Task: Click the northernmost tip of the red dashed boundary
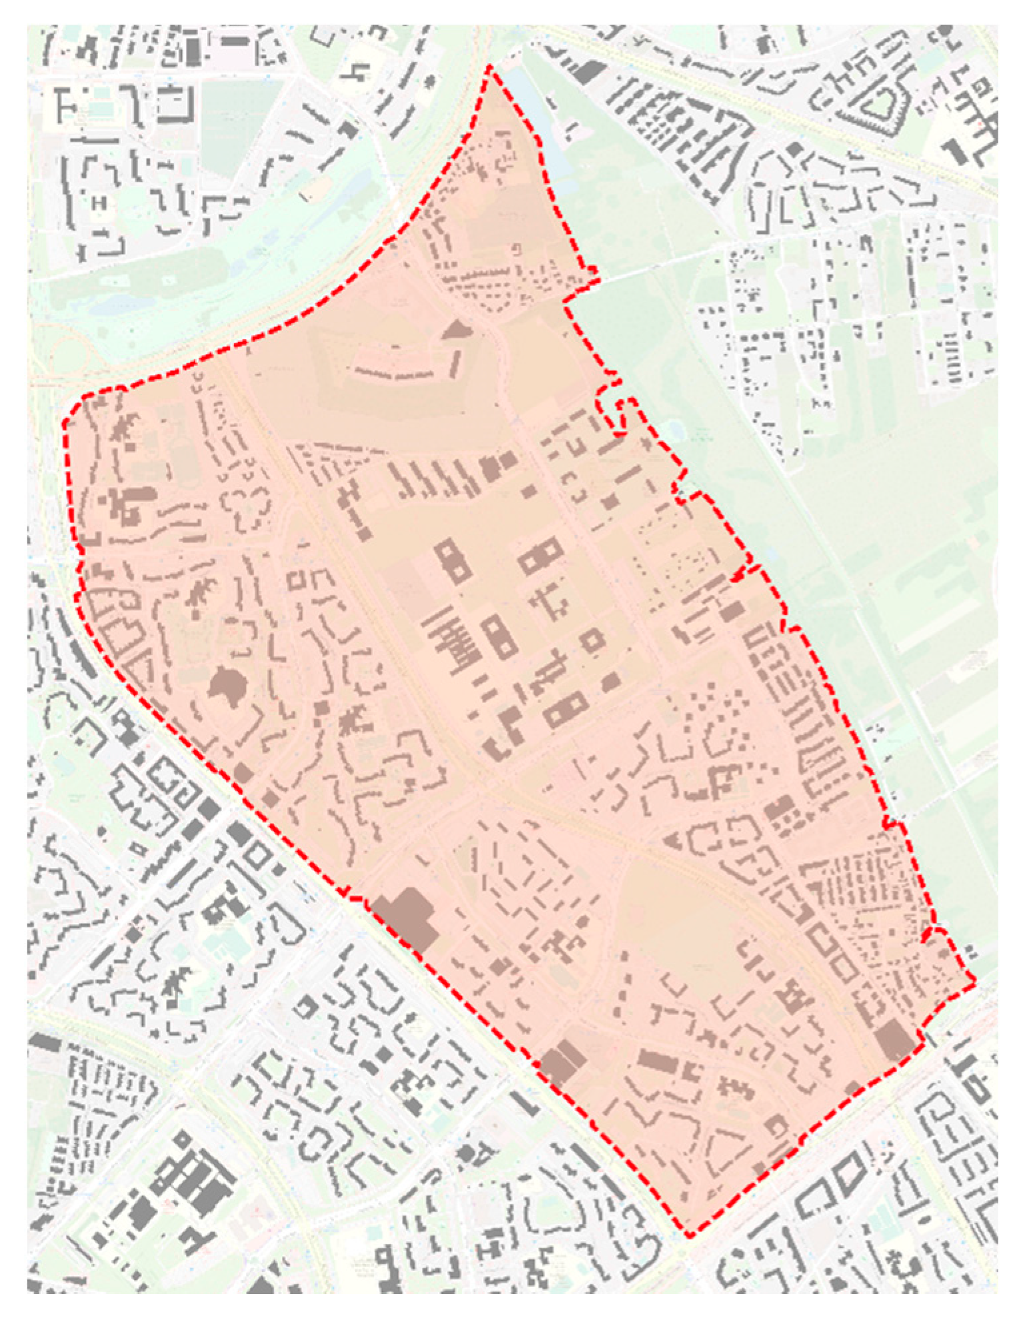click(x=491, y=66)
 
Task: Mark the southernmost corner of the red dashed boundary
click(x=690, y=1237)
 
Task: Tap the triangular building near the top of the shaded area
click(x=457, y=329)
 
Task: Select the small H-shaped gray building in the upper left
click(x=100, y=202)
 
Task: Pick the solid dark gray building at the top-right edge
click(x=958, y=151)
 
